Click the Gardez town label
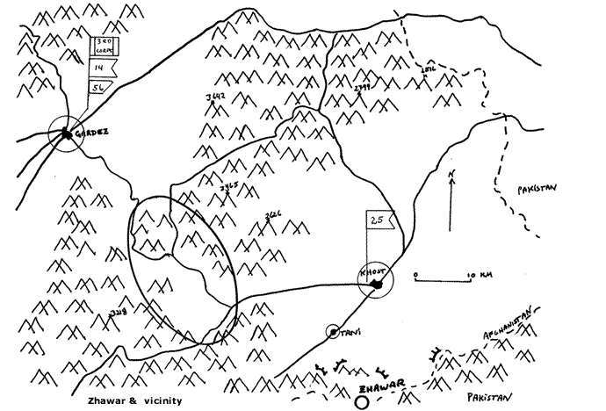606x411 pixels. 93,133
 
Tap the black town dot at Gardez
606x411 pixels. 66,134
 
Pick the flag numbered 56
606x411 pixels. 99,87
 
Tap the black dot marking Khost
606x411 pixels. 378,285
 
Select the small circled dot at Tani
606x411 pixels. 333,332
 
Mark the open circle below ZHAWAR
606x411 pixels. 362,403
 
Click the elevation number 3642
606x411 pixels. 214,95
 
